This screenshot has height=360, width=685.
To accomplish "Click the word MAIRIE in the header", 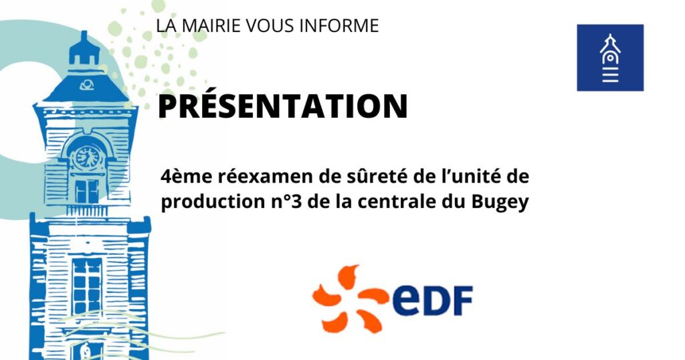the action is click(210, 25).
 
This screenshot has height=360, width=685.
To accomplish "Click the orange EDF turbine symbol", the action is click(351, 298).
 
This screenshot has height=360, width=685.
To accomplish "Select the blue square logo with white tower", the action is click(610, 58).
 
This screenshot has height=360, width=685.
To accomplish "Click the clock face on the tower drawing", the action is click(87, 157).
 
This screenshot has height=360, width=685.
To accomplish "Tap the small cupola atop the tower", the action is click(84, 48).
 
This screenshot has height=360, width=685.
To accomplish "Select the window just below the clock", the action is click(86, 191).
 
